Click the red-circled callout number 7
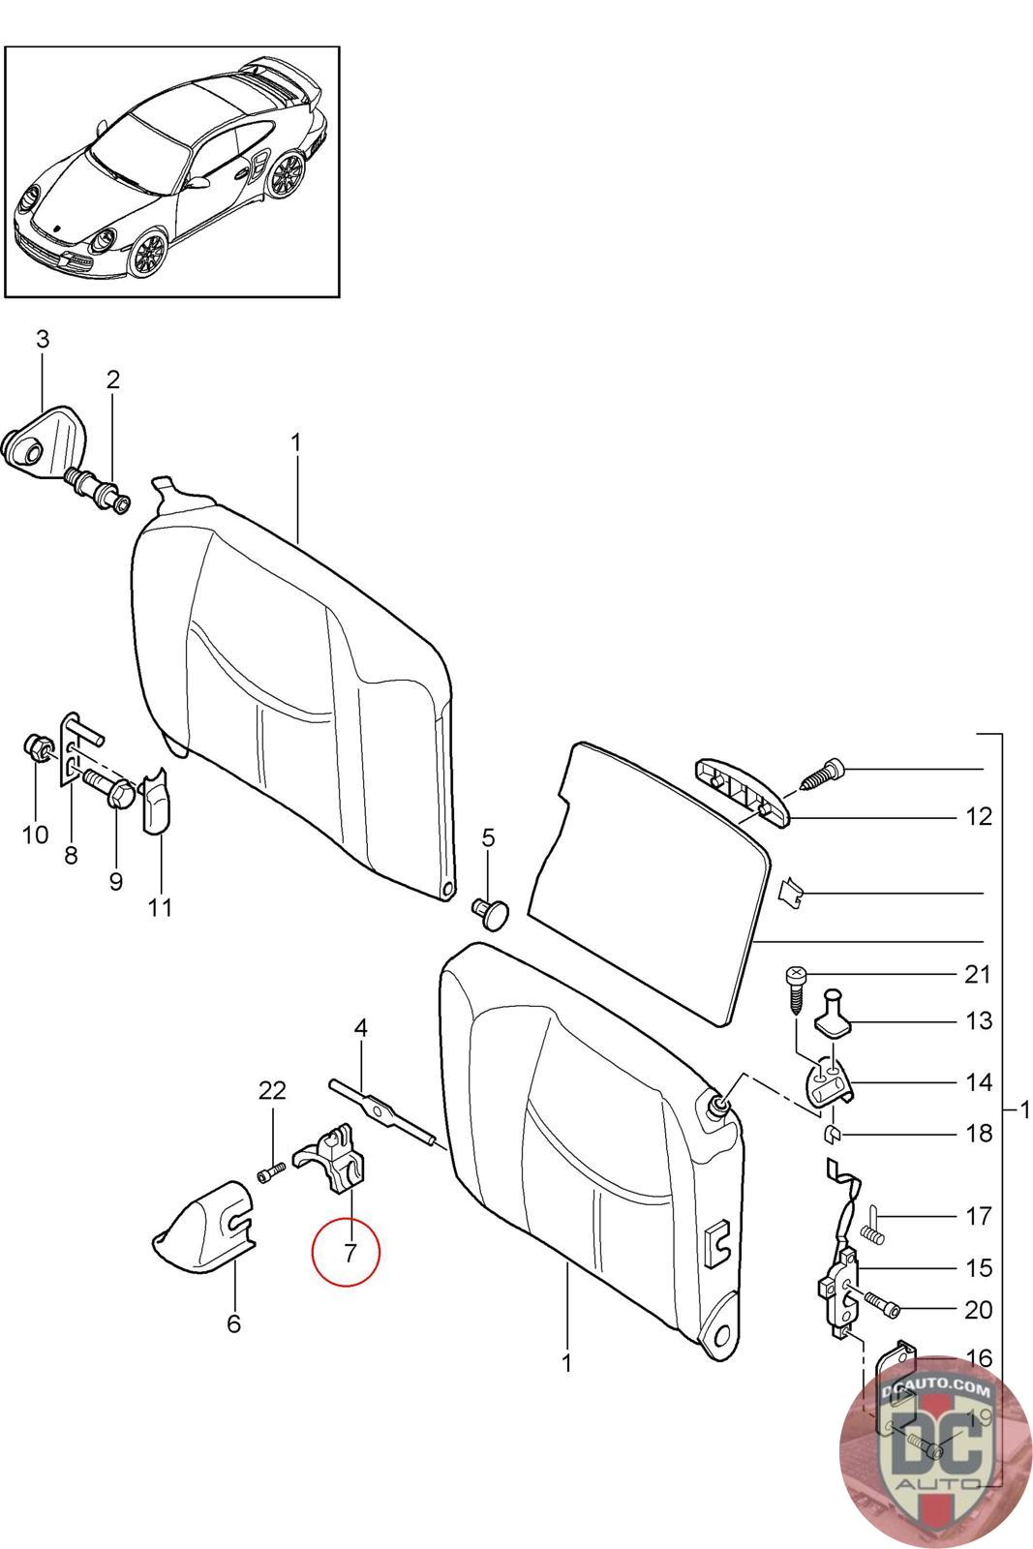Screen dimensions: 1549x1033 (x=346, y=1252)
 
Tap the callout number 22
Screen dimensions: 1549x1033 (x=272, y=1091)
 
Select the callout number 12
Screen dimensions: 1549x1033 (x=979, y=816)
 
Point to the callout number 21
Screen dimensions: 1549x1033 (x=979, y=973)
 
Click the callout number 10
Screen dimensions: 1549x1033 (x=35, y=834)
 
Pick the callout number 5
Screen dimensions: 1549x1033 (x=488, y=837)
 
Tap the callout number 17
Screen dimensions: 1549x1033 (x=979, y=1215)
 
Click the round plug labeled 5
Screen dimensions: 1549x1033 (x=493, y=910)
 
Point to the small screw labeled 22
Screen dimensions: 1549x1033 (x=269, y=1174)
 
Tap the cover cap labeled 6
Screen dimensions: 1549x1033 (x=203, y=1223)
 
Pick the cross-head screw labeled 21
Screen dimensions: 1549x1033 (x=796, y=987)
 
